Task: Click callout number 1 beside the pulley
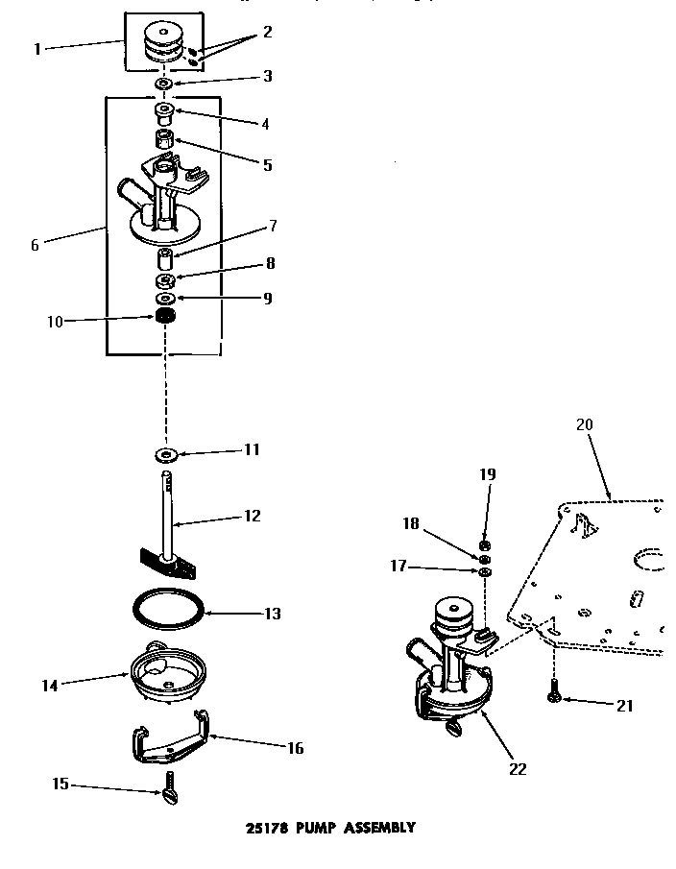pos(37,48)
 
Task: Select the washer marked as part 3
pos(163,86)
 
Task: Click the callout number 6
pos(36,244)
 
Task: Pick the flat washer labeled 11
pos(165,452)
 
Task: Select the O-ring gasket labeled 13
pos(165,611)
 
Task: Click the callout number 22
pos(519,769)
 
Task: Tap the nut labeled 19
pos(485,545)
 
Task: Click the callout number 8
pos(272,262)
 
